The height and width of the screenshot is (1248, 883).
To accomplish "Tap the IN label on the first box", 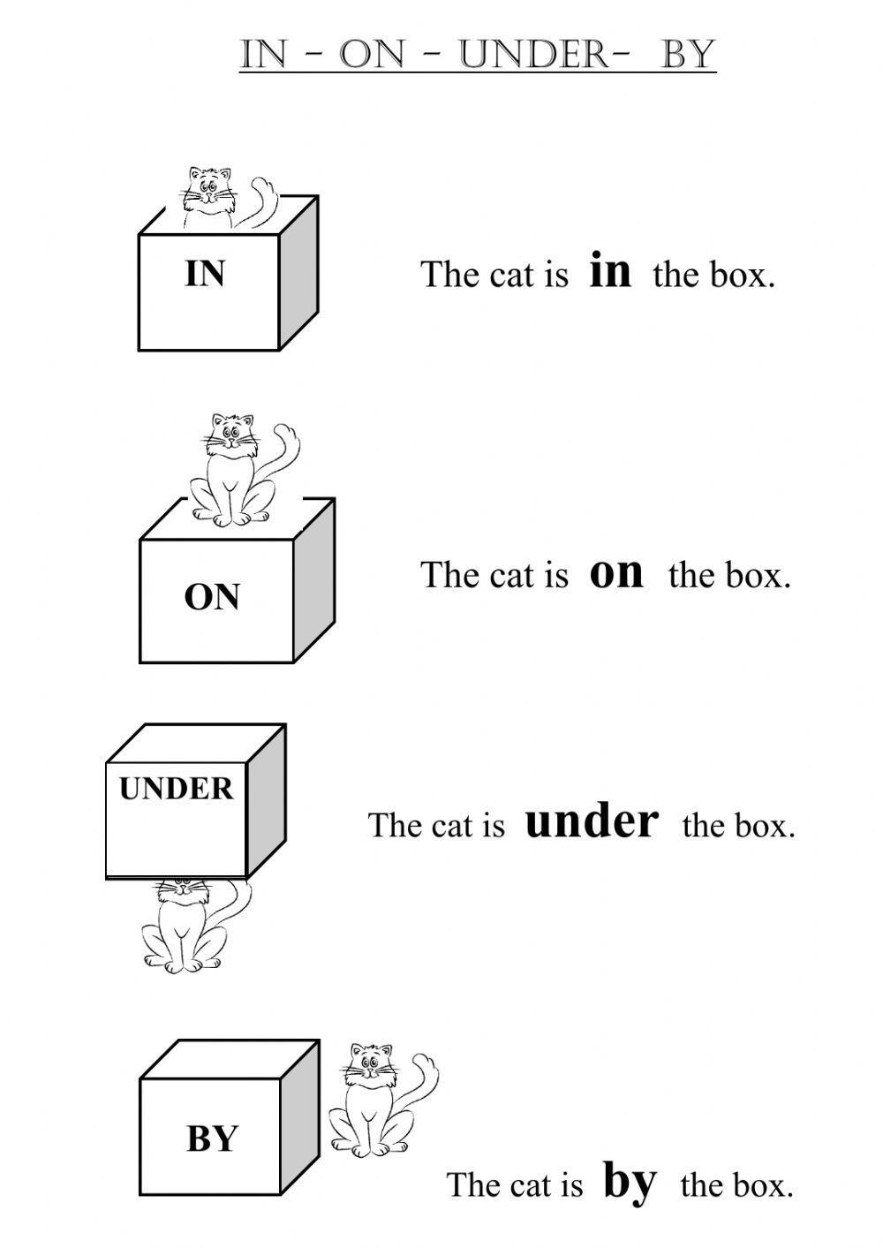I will pyautogui.click(x=205, y=274).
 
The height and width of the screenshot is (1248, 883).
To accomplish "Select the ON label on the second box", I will pyautogui.click(x=212, y=598).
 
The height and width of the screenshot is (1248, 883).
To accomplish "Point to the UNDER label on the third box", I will pyautogui.click(x=177, y=788).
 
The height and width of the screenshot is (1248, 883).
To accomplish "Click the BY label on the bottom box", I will pyautogui.click(x=212, y=1138).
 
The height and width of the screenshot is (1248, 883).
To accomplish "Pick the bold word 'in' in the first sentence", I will pyautogui.click(x=610, y=270).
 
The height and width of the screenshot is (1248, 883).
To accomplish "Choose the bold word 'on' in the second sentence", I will pyautogui.click(x=616, y=571).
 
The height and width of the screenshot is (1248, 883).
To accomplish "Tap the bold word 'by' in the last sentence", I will pyautogui.click(x=630, y=1181).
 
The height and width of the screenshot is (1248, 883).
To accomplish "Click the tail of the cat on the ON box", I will pyautogui.click(x=288, y=450).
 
